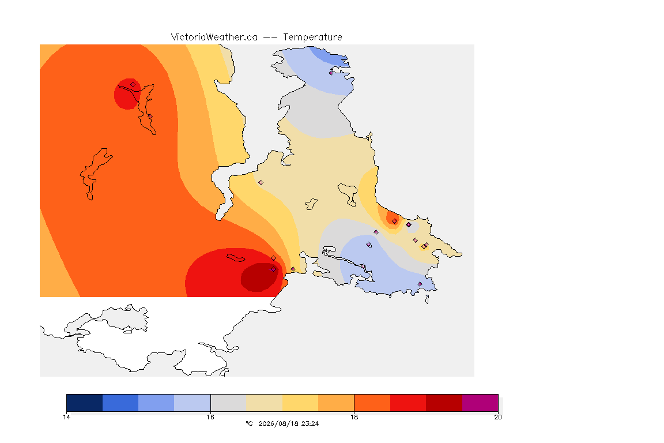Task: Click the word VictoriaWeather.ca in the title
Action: click(x=214, y=37)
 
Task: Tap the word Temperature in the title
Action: click(x=312, y=37)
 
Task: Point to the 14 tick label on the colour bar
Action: click(x=66, y=417)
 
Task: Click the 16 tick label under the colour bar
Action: click(x=210, y=417)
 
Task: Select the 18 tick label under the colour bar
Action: click(x=354, y=417)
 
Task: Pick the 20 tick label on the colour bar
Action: click(x=498, y=417)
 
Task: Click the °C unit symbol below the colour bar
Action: click(x=249, y=423)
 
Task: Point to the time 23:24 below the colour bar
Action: click(x=310, y=423)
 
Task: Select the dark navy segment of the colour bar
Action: click(x=85, y=403)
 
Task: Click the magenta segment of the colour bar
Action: click(x=480, y=403)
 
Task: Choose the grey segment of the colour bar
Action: click(x=228, y=403)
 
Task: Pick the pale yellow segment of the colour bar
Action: click(x=264, y=403)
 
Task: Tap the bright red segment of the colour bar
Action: click(x=408, y=403)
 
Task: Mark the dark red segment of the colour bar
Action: click(x=444, y=403)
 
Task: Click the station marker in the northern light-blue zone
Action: click(x=331, y=73)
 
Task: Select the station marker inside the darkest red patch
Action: click(x=274, y=269)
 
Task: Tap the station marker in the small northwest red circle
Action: click(x=133, y=84)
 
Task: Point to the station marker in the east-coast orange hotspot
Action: click(x=395, y=221)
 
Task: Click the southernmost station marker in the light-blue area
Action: click(x=420, y=284)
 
